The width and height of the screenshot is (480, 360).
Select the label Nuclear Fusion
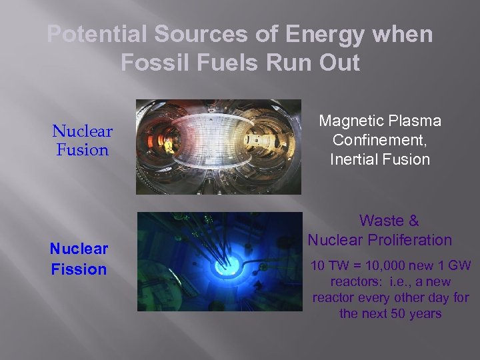pos(83,141)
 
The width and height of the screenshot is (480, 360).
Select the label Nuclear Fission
pos(79,259)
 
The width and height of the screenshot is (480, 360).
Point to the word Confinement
pos(380,140)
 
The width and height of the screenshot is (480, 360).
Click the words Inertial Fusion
pos(380,159)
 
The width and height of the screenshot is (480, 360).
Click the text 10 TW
pos(327,266)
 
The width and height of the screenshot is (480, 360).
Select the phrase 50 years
pos(416,313)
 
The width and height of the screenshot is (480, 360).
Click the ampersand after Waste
pos(413,221)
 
